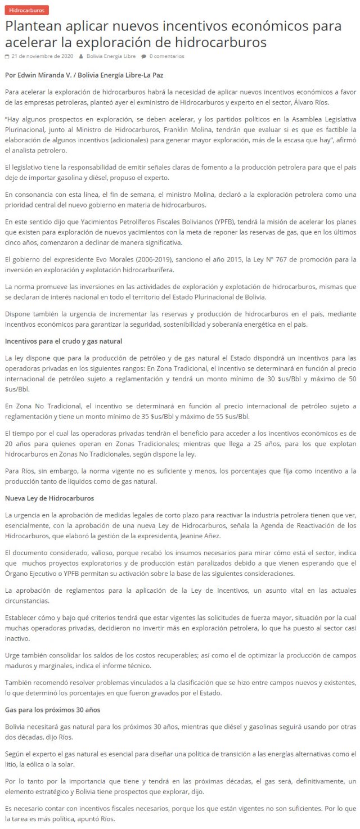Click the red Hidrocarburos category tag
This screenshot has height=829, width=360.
point(26,10)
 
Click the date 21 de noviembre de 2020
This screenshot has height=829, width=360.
point(42,56)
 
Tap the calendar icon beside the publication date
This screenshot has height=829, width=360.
point(7,56)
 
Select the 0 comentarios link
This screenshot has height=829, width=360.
point(166,56)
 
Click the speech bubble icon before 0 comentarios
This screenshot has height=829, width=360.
point(143,56)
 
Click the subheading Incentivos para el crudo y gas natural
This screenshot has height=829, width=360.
point(63,341)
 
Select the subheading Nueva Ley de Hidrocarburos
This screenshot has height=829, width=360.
point(49,498)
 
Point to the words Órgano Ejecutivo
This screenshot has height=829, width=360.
point(30,574)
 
